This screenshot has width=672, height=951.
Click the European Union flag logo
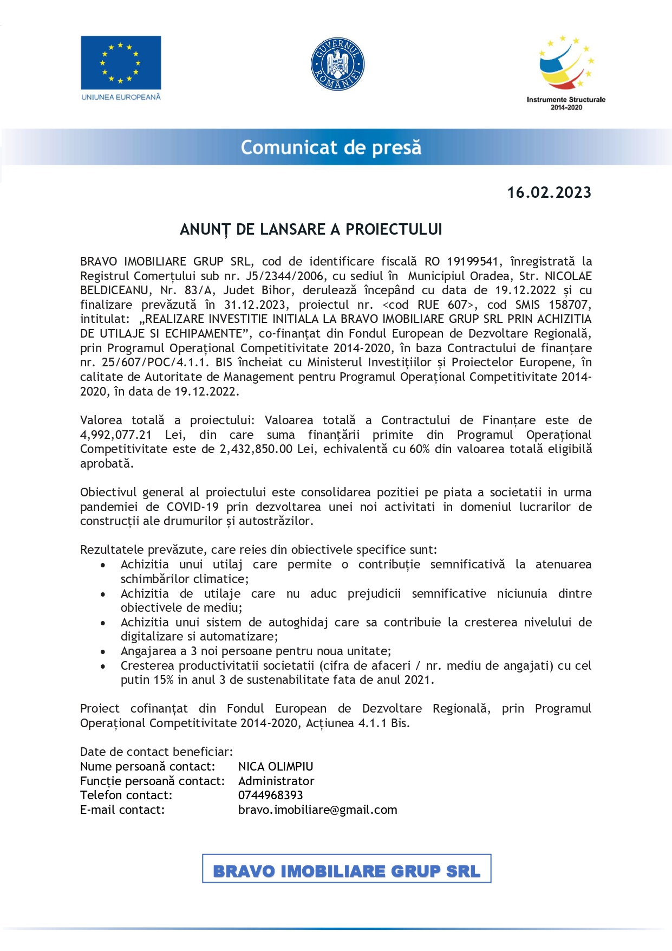121,62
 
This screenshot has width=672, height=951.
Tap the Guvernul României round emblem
337,64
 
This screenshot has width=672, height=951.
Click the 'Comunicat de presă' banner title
331,147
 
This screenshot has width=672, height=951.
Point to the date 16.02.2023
549,193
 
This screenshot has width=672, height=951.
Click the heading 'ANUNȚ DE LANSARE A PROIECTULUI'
311,230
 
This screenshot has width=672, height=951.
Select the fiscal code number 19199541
472,262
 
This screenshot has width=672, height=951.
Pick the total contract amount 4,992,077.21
116,435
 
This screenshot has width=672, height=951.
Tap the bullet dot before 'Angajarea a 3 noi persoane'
103,652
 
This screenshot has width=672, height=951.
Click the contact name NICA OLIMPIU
276,767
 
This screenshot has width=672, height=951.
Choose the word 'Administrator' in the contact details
276,781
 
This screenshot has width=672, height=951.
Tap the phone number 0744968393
270,795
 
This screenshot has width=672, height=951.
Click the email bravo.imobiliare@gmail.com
317,810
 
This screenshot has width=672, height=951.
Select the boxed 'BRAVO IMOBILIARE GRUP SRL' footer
347,871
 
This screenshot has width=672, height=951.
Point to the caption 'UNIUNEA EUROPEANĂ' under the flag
121,97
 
